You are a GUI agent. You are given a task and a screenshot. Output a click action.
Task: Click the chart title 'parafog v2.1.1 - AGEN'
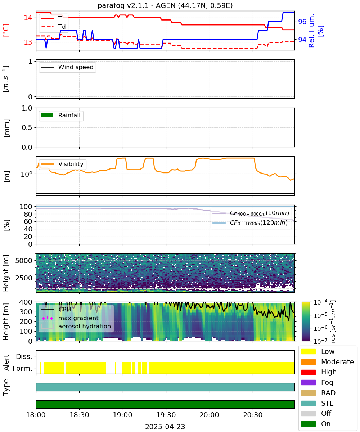pos(136,5)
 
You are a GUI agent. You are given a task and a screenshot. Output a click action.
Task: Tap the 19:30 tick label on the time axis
pos(166,415)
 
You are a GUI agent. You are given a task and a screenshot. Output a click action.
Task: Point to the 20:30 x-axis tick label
pos(253,415)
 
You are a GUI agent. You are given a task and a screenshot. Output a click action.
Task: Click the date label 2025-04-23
pos(165,426)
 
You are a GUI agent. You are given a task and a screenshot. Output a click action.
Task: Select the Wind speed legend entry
pos(67,67)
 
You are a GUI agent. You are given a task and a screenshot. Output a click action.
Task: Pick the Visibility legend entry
pos(62,164)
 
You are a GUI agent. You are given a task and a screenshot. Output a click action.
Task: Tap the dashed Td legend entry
pos(53,27)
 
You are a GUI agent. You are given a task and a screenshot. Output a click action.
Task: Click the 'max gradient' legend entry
pos(70,318)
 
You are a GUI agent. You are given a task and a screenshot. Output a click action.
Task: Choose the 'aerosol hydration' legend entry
pos(76,326)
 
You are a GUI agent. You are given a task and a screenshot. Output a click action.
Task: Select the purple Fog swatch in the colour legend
pos(308,382)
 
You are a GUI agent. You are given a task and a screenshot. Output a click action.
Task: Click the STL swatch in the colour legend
pos(308,403)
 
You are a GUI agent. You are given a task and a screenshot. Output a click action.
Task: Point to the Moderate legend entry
pos(328,362)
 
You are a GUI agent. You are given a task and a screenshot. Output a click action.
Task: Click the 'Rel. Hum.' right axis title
pos(311,31)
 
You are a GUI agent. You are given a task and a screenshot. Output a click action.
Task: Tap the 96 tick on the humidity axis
pos(302,22)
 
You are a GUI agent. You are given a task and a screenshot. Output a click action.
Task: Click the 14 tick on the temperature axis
pos(28,18)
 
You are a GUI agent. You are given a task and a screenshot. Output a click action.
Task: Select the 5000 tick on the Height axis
pos(24,261)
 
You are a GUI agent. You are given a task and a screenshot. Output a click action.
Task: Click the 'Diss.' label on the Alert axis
pos(24,356)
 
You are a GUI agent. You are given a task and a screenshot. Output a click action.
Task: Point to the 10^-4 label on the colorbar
pos(320,302)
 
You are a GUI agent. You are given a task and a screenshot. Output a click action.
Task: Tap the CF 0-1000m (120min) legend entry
pos(250,222)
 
